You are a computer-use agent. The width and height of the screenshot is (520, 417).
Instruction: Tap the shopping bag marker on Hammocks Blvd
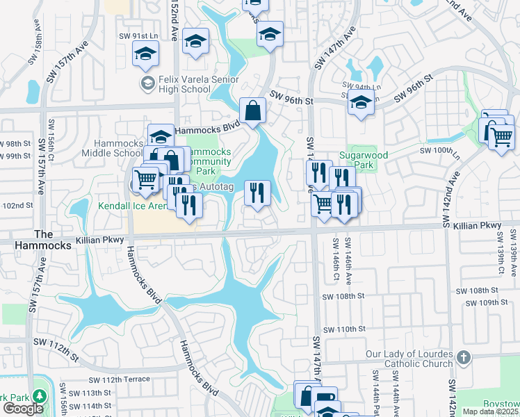click(x=252, y=111)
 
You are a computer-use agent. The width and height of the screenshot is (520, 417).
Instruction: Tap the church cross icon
click(x=464, y=358)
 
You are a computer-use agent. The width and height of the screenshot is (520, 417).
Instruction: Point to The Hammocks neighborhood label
click(x=53, y=240)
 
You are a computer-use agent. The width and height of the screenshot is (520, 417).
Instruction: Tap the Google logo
click(x=23, y=409)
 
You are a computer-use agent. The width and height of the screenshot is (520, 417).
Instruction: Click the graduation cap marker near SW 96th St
click(x=360, y=104)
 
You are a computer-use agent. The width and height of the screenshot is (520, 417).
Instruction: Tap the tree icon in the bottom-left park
click(x=39, y=396)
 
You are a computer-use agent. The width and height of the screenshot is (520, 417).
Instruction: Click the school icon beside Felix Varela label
click(x=147, y=84)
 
